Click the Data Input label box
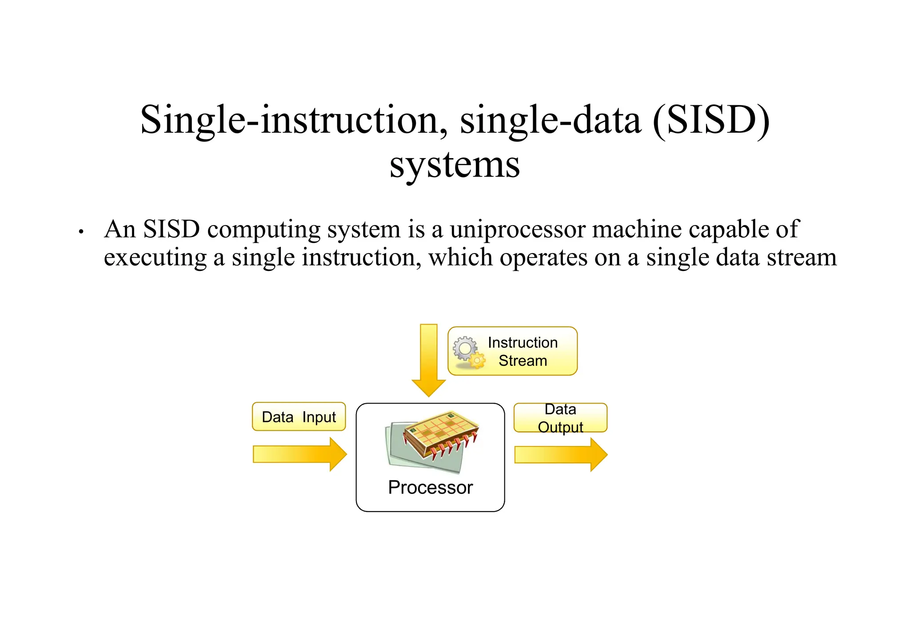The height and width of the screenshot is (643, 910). pyautogui.click(x=299, y=417)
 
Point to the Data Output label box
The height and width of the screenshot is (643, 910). pyautogui.click(x=560, y=417)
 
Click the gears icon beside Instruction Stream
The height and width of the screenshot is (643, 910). pyautogui.click(x=468, y=352)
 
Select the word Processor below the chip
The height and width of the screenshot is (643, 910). pyautogui.click(x=430, y=487)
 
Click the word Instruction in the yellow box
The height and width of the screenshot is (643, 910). pyautogui.click(x=523, y=342)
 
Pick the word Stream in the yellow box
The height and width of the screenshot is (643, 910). pyautogui.click(x=523, y=361)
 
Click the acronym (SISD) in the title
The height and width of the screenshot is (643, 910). pyautogui.click(x=711, y=120)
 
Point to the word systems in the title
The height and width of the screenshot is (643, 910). pyautogui.click(x=455, y=165)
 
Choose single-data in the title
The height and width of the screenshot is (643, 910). pyautogui.click(x=551, y=120)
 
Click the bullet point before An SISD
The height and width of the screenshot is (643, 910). pyautogui.click(x=81, y=232)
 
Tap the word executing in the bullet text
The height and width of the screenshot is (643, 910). pyautogui.click(x=155, y=258)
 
